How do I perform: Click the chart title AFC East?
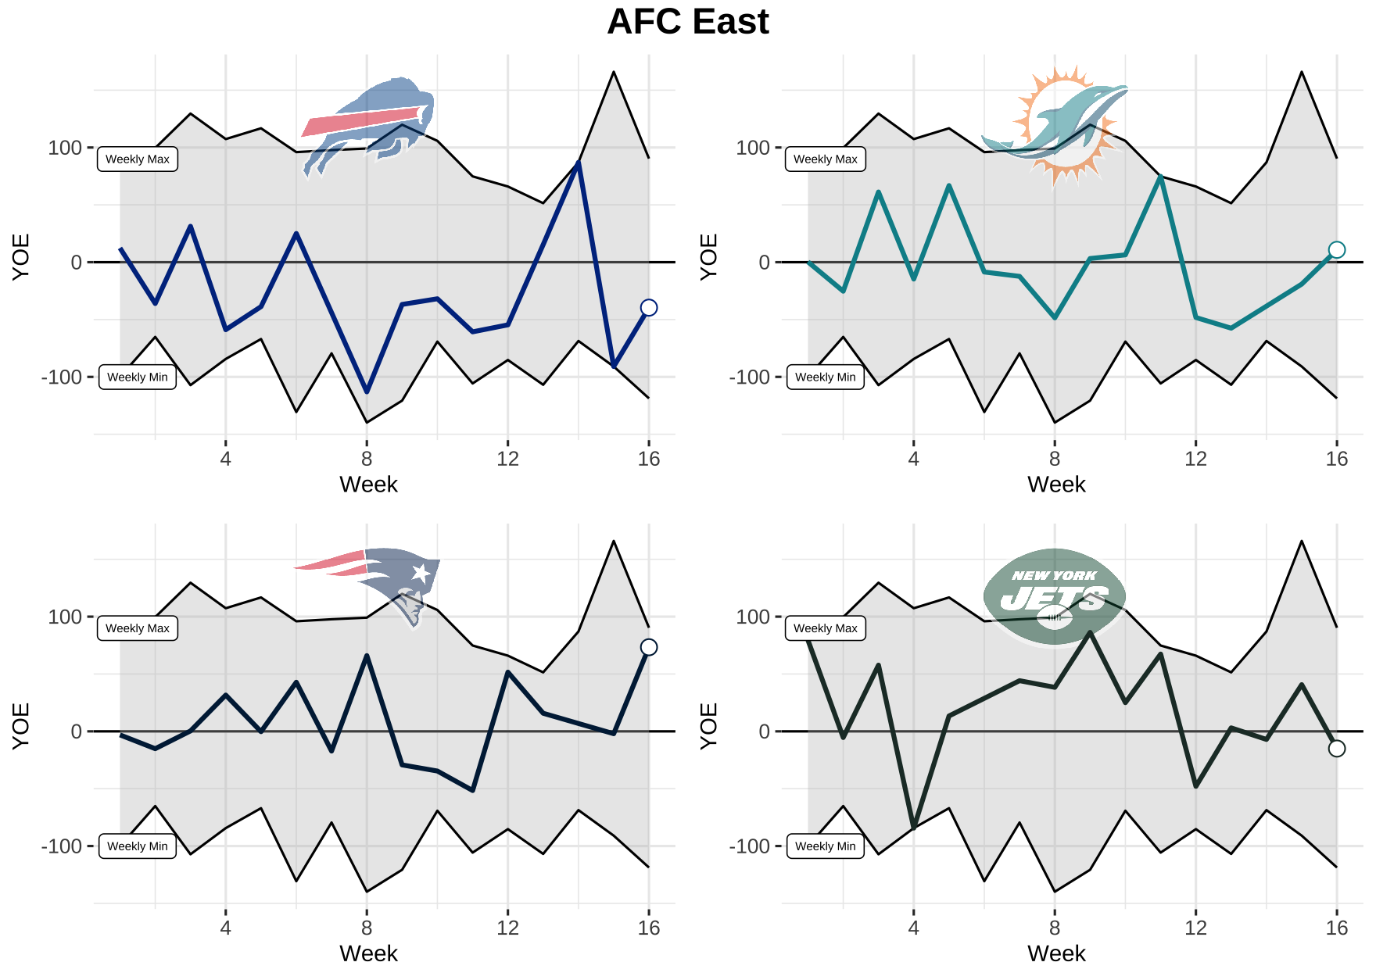(x=688, y=22)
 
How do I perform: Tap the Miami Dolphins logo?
(x=1055, y=125)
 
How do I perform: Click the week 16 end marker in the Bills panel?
(x=648, y=308)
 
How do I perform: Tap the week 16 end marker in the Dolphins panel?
(x=1337, y=250)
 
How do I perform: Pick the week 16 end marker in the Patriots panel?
(x=648, y=647)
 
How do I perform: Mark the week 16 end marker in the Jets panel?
(x=1337, y=749)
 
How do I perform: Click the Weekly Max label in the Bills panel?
(x=138, y=159)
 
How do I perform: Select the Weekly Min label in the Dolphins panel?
(x=825, y=377)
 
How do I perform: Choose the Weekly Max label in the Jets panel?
(x=825, y=628)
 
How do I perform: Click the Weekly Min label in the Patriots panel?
(x=138, y=846)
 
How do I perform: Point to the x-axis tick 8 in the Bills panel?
(x=367, y=459)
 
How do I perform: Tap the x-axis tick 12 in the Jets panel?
(x=1195, y=928)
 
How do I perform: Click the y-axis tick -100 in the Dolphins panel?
(x=750, y=377)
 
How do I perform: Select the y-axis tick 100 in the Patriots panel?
(x=65, y=617)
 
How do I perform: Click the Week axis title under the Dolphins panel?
(x=1056, y=485)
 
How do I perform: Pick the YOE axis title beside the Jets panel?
(x=708, y=726)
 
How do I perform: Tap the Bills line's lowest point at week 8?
(x=367, y=392)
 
